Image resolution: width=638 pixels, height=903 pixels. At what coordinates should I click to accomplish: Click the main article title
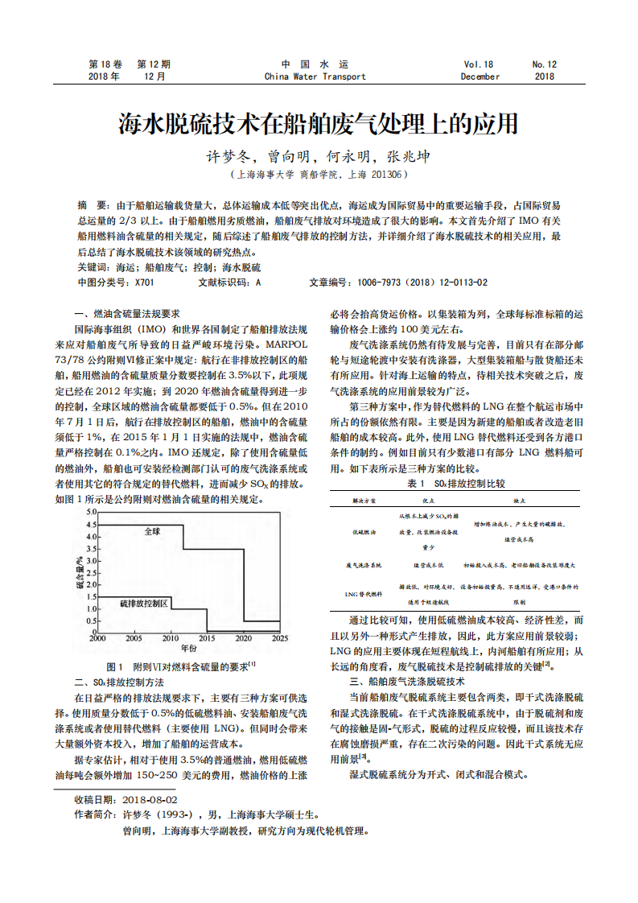pyautogui.click(x=319, y=125)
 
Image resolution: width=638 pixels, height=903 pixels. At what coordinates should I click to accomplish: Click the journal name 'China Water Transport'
pyautogui.click(x=315, y=77)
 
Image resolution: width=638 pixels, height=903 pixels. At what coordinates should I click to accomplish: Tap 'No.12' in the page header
pyautogui.click(x=544, y=64)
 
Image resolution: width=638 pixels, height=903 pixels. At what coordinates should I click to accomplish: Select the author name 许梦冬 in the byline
pyautogui.click(x=233, y=156)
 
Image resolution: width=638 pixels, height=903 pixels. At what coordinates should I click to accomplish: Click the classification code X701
pyautogui.click(x=143, y=282)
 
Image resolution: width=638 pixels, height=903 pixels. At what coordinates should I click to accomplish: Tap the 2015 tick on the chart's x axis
pyautogui.click(x=206, y=637)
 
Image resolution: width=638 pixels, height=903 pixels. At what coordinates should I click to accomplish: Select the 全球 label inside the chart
pyautogui.click(x=152, y=532)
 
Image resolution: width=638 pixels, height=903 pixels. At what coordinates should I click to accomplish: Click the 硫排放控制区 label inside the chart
pyautogui.click(x=144, y=603)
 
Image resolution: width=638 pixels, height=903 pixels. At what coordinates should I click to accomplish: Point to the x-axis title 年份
pyautogui.click(x=188, y=648)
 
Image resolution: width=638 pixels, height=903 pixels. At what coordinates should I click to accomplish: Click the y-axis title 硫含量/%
pyautogui.click(x=80, y=572)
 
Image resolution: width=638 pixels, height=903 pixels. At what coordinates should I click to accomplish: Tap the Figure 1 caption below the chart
pyautogui.click(x=181, y=666)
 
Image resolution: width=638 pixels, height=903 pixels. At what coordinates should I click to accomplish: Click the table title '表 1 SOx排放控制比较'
pyautogui.click(x=456, y=484)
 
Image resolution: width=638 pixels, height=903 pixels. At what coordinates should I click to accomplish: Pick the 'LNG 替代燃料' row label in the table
pyautogui.click(x=363, y=594)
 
